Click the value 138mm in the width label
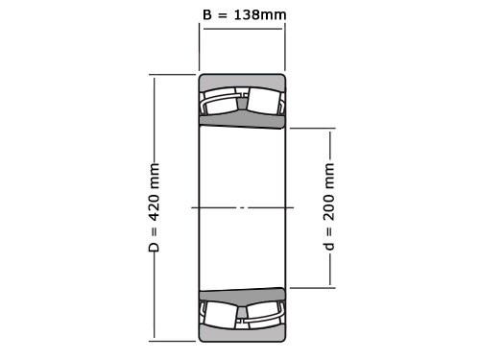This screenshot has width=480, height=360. pyautogui.click(x=260, y=14)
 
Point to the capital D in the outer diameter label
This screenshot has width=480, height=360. pyautogui.click(x=154, y=247)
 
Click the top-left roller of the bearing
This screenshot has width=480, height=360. pyautogui.click(x=222, y=102)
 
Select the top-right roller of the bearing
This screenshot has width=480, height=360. pyautogui.click(x=264, y=102)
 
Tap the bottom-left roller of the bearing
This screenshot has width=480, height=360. pyautogui.click(x=222, y=313)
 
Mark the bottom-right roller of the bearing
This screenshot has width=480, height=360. pyautogui.click(x=264, y=313)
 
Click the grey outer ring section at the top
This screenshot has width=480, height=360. pyautogui.click(x=242, y=81)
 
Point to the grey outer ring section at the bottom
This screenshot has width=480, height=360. pyautogui.click(x=242, y=333)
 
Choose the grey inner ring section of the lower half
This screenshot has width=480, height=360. pyautogui.click(x=242, y=294)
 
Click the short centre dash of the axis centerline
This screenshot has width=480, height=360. pyautogui.click(x=242, y=207)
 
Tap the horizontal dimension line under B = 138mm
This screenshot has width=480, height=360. pyautogui.click(x=242, y=28)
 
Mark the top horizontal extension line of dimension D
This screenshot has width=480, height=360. pyautogui.click(x=173, y=74)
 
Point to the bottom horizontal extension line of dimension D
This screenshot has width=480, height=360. pyautogui.click(x=173, y=340)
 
